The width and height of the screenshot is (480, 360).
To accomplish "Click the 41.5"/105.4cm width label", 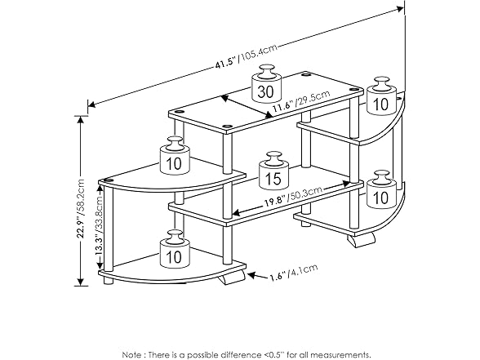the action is (x=247, y=56).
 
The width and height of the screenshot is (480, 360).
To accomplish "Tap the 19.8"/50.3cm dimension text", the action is (x=293, y=196).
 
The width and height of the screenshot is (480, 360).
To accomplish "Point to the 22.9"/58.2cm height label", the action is (x=81, y=208).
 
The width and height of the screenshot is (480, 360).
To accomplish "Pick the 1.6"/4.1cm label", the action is (x=294, y=273).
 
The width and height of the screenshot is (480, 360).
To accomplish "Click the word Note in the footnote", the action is (x=131, y=355).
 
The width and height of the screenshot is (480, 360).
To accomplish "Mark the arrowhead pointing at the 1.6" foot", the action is (x=251, y=275).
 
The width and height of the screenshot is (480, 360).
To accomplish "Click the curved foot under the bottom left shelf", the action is (x=233, y=278).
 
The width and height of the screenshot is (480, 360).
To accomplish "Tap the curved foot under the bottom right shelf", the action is (x=361, y=238).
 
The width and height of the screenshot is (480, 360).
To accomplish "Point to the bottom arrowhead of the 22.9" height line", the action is (x=81, y=282).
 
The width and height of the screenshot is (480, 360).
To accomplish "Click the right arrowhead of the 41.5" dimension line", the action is (x=400, y=9).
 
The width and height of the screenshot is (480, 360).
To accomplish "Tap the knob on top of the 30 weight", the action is (x=266, y=70).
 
